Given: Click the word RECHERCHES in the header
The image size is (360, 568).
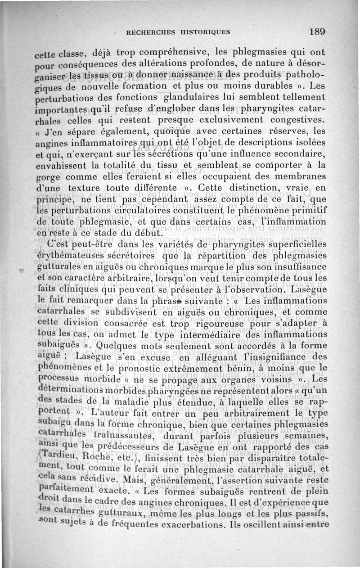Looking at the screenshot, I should pos(150,32).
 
